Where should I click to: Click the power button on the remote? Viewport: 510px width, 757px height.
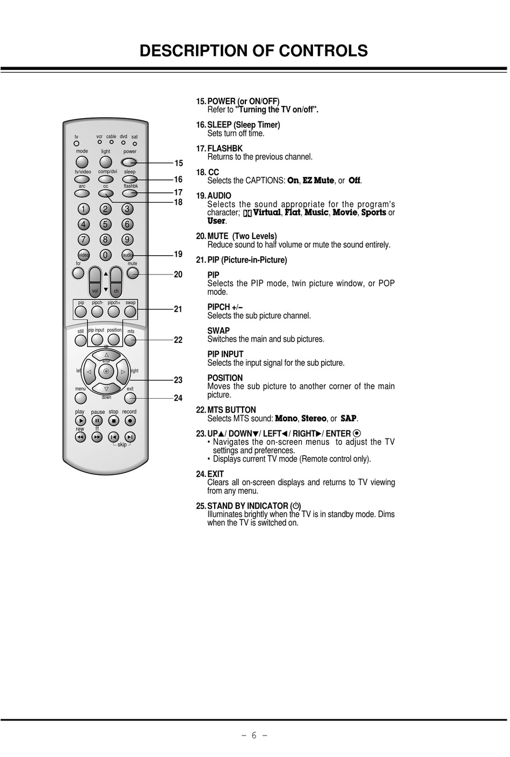coord(129,162)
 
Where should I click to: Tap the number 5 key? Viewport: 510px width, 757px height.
coord(105,224)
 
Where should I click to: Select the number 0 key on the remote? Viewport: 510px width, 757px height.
coord(105,255)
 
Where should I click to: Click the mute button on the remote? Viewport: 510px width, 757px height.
coord(133,273)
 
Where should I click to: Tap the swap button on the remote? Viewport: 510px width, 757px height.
coord(130,312)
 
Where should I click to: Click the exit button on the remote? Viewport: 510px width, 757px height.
coord(130,399)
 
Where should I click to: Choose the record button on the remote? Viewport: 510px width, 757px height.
coord(130,420)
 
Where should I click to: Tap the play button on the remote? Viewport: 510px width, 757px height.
coord(81,420)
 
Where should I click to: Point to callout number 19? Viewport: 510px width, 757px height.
coord(178,254)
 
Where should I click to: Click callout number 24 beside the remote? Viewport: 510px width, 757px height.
coord(178,398)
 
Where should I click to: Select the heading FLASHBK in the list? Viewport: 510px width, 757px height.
coord(225,148)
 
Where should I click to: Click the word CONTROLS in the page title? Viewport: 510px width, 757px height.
coord(323,51)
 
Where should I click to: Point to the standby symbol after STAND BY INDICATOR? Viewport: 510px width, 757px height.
coord(296,506)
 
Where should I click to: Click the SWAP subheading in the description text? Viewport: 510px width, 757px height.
coord(218,330)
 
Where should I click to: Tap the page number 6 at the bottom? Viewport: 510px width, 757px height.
coord(254,736)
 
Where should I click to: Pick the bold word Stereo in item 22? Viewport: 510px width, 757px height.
coord(314,419)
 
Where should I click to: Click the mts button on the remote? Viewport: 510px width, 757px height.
coord(130,340)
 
